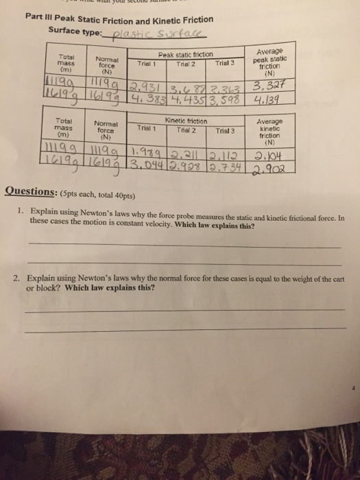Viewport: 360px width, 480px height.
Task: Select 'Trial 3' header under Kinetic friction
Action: click(x=224, y=130)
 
